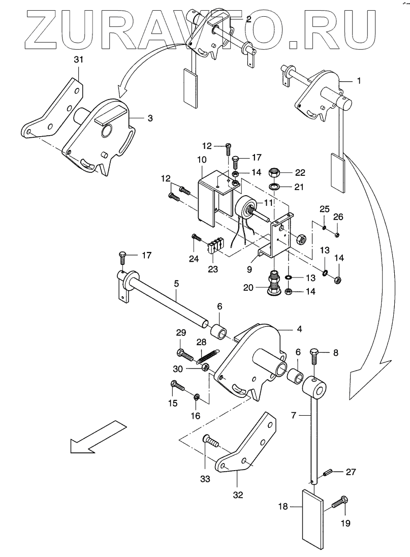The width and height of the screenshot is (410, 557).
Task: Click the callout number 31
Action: point(78,59)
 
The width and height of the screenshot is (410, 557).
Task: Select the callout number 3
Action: point(150,118)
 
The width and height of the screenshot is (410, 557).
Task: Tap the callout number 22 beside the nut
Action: point(300,172)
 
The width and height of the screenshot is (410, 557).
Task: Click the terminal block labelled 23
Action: point(216,246)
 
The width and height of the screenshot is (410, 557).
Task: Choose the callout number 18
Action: point(283,506)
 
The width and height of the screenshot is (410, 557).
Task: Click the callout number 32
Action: point(238,494)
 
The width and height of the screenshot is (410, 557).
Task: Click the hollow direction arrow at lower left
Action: point(98,437)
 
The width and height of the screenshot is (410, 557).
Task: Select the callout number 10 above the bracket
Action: point(202,160)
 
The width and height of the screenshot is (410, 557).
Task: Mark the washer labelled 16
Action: point(196,396)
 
